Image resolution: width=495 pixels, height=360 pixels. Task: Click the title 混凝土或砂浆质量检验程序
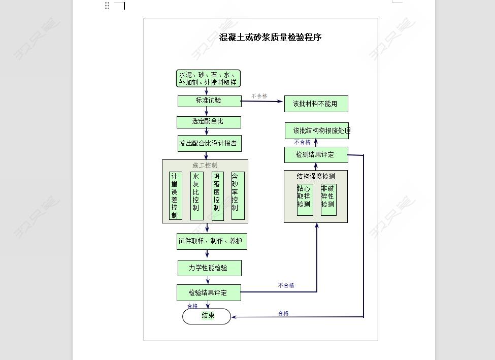click(270, 37)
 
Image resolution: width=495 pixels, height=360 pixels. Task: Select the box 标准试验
click(209, 101)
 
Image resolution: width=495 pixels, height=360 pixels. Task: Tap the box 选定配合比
click(209, 122)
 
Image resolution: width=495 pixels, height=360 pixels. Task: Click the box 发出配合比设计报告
click(209, 143)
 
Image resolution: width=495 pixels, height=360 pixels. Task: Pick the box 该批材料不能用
click(316, 104)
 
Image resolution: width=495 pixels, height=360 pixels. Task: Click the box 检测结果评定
click(316, 155)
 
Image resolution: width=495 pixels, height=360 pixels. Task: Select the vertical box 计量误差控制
click(175, 195)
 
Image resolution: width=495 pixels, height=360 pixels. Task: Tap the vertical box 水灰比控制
click(196, 195)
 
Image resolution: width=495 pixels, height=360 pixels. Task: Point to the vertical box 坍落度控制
click(217, 195)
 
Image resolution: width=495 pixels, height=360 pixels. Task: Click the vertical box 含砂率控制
click(238, 195)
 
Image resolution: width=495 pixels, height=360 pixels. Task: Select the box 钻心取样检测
click(305, 199)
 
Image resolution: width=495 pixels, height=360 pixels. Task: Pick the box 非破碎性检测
click(328, 199)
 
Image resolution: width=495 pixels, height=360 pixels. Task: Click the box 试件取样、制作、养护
click(212, 241)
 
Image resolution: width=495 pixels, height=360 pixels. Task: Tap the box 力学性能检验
click(209, 268)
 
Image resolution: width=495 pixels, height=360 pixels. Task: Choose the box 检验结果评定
click(209, 292)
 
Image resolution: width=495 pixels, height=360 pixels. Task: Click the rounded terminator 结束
click(207, 316)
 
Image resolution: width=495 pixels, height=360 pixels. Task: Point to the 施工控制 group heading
click(205, 165)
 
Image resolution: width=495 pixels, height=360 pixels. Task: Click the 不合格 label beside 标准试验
click(259, 96)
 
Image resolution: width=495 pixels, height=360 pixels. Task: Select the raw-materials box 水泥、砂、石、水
click(208, 79)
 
